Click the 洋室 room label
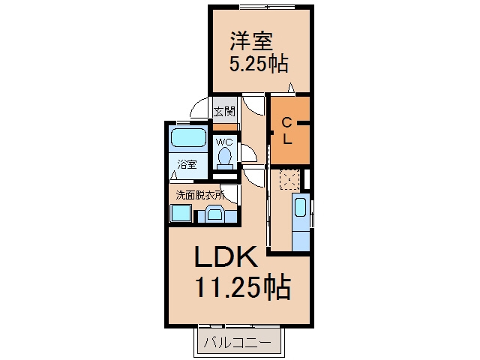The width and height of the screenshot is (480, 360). point(251,41)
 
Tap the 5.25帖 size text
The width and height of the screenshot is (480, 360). point(259,64)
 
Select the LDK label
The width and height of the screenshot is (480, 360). point(226,256)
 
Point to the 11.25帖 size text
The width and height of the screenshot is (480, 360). point(242,287)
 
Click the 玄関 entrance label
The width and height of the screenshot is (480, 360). point(224,112)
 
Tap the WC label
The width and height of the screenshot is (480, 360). point(224,142)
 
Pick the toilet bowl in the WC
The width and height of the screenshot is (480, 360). point(225,155)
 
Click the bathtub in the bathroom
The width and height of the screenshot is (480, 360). point(188,138)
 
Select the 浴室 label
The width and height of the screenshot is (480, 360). point(187,165)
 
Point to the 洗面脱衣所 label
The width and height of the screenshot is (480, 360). point(199,195)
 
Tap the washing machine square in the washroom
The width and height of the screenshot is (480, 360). point(181,213)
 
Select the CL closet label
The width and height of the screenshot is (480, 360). point(286,131)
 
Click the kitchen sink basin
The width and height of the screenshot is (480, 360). point(300,207)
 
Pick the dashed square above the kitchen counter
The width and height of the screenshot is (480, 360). point(289,180)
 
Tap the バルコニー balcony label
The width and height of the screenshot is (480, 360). point(238,342)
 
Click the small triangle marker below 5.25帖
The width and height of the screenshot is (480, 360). point(291,88)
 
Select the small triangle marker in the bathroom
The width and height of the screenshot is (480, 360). point(173,175)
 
